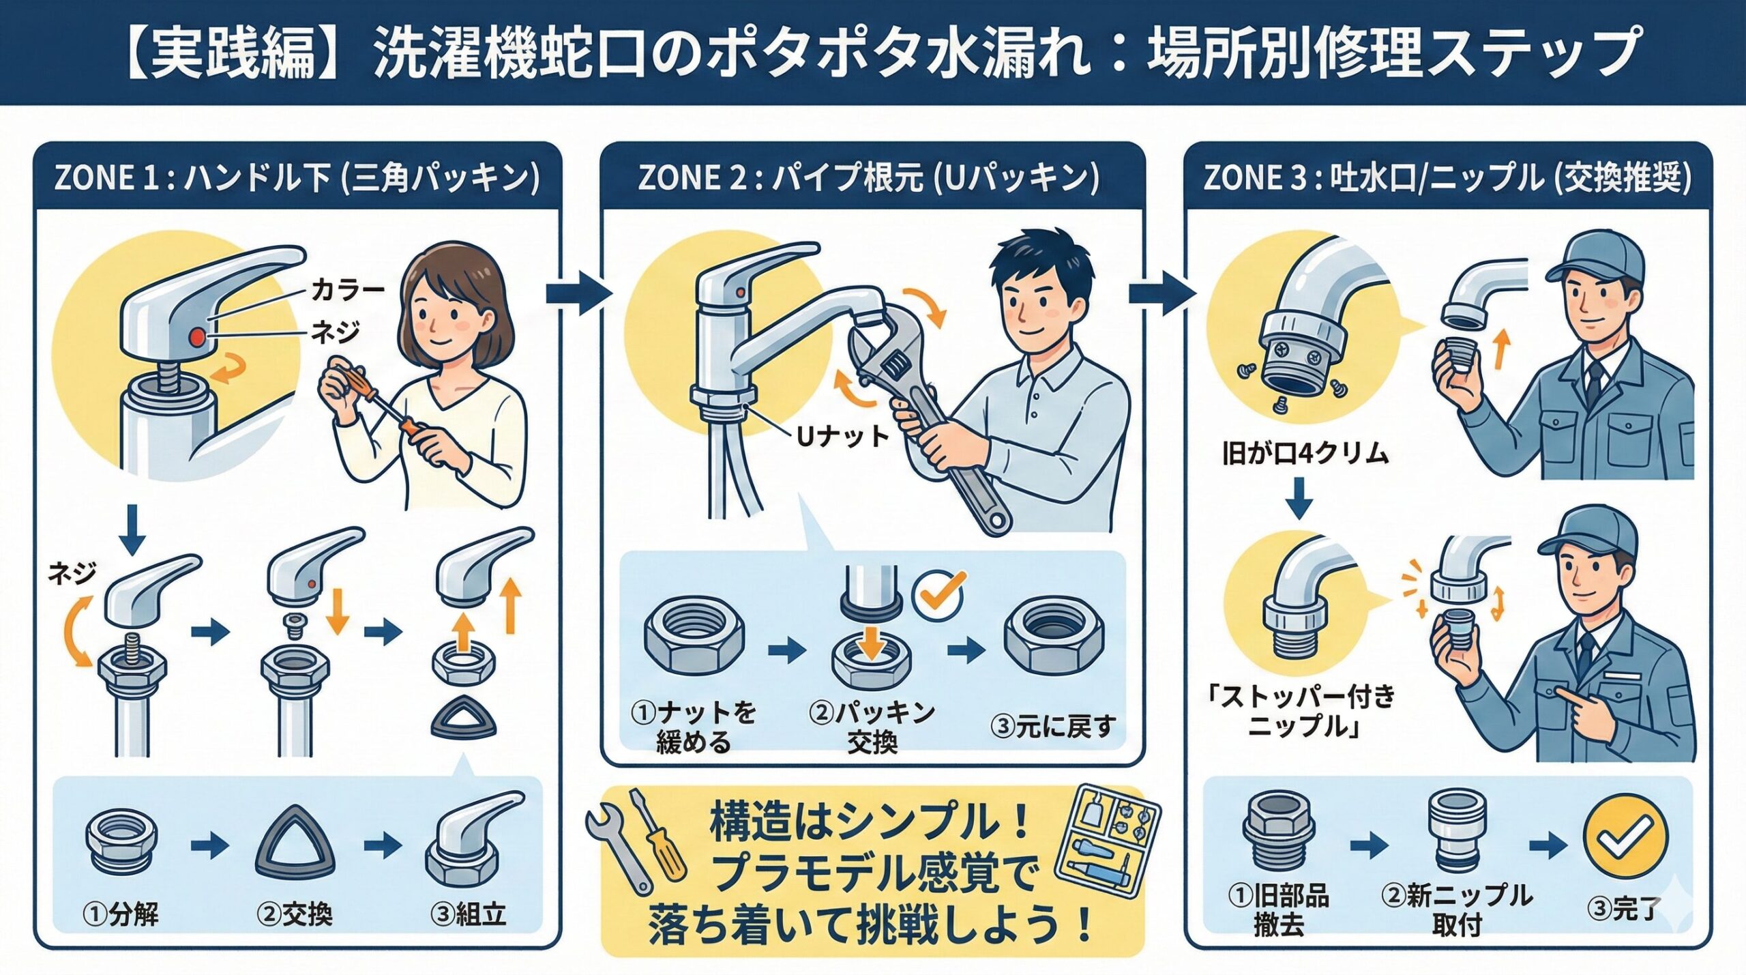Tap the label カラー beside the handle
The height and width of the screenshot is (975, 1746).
coord(347,291)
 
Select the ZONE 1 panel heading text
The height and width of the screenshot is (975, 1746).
coord(297,178)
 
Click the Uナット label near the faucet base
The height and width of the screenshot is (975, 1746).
coord(843,437)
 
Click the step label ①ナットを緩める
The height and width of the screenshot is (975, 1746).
coord(693,727)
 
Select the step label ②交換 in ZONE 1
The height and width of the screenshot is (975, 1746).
coord(295,914)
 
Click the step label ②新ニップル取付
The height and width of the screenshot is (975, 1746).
coord(1457,909)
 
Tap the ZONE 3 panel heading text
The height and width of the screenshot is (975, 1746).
coord(1447,178)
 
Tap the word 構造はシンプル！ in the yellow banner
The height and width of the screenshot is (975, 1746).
coord(870,822)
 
